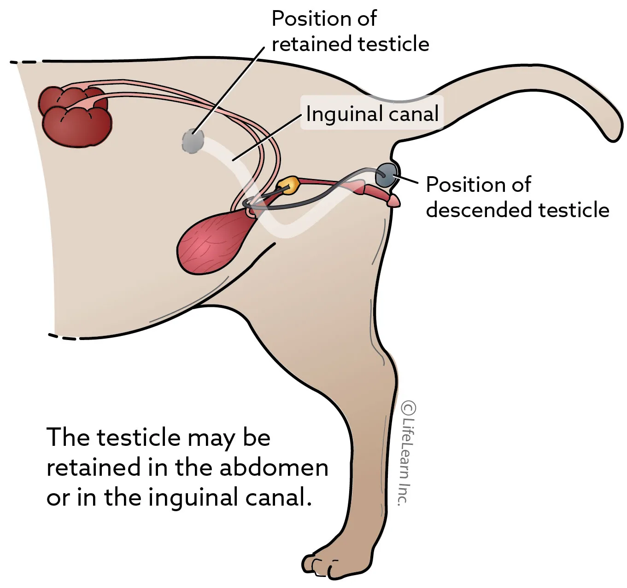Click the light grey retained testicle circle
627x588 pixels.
coord(193,141)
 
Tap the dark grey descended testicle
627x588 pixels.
coord(387,175)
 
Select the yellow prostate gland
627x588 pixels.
coord(287,185)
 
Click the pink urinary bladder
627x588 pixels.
coord(215,242)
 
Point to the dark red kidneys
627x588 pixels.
coord(75,116)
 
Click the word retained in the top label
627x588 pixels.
coord(312,44)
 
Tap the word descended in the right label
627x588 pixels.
coord(480,210)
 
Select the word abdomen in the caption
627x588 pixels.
coord(274,467)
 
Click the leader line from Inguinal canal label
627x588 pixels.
coord(267,138)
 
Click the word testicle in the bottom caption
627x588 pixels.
coord(139,438)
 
